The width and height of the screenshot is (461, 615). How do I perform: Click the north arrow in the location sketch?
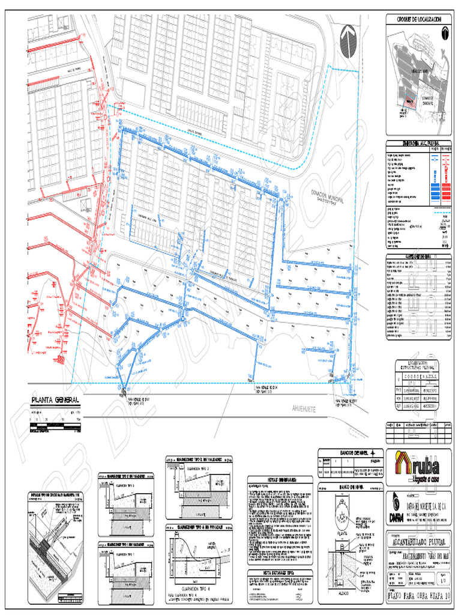coord(445,34)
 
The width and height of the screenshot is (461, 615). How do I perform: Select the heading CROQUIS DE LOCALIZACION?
coord(419,20)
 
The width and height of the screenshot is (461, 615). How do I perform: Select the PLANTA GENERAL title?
coord(55,401)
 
